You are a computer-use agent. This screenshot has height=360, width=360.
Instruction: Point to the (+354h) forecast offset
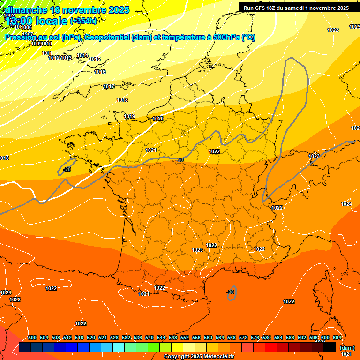(83, 21)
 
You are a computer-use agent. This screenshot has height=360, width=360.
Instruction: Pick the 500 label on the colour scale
(32, 337)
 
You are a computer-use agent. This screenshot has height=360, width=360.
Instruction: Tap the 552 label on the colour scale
(185, 337)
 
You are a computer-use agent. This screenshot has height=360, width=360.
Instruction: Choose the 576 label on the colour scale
(255, 337)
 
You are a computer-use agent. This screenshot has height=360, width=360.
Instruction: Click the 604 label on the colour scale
(337, 337)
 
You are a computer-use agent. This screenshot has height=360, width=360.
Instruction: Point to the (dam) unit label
(347, 348)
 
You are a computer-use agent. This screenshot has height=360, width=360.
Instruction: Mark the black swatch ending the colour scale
(330, 347)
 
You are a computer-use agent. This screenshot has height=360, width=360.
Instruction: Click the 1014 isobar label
(82, 55)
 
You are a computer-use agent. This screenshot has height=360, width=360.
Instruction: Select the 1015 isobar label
(95, 59)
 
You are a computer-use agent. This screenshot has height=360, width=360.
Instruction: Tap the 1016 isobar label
(100, 72)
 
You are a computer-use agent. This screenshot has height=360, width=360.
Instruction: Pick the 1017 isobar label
(109, 86)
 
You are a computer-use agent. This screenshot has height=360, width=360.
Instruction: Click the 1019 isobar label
(129, 116)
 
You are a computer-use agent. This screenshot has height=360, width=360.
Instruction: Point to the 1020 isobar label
(158, 119)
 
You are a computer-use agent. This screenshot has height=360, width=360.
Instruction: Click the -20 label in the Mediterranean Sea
(231, 292)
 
